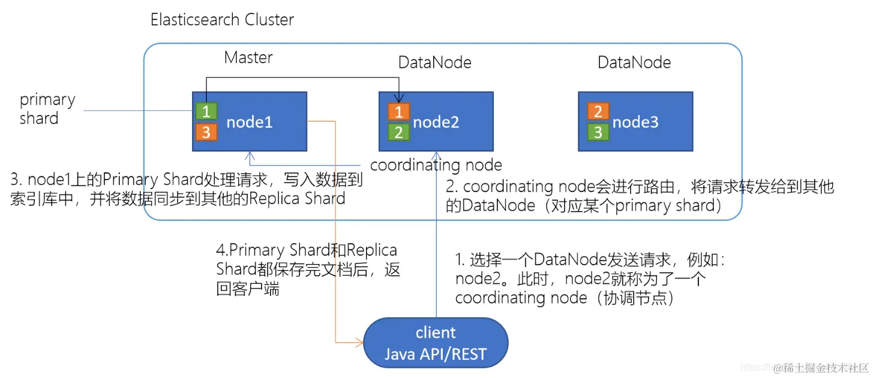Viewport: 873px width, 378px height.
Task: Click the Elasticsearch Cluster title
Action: [x=222, y=19]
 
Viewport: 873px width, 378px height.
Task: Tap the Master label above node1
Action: [x=248, y=58]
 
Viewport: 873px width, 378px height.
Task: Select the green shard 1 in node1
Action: [x=206, y=112]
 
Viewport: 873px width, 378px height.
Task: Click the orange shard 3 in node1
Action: [x=206, y=132]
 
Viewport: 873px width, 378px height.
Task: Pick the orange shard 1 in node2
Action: [x=398, y=112]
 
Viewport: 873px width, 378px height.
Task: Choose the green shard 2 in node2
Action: [x=398, y=132]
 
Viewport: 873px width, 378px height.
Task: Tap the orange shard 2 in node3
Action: [x=598, y=112]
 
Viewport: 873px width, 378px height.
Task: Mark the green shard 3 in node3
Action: [x=598, y=132]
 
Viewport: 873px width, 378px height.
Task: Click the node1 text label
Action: [x=250, y=122]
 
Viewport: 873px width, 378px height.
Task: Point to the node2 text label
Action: [x=436, y=122]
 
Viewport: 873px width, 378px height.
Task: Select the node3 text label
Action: [x=635, y=122]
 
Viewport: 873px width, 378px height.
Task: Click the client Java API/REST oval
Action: [x=436, y=343]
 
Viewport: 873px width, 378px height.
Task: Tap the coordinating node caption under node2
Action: [x=436, y=165]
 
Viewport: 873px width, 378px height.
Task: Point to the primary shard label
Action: [x=47, y=109]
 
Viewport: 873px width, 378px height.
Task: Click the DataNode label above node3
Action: [x=634, y=62]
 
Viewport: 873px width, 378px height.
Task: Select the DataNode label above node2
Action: [x=435, y=62]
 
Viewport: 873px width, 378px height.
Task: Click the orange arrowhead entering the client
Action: [x=361, y=343]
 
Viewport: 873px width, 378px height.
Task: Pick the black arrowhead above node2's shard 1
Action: [x=398, y=100]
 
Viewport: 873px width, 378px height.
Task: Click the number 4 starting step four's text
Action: [x=220, y=250]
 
